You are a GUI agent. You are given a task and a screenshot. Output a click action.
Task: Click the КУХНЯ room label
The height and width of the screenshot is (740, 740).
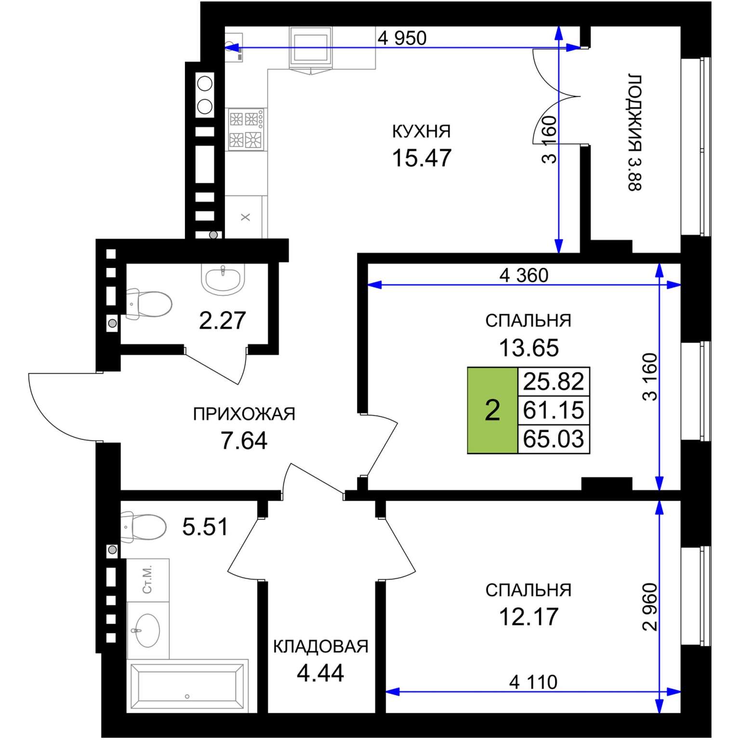(x=421, y=132)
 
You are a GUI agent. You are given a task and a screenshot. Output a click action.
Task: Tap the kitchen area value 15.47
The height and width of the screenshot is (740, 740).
(x=422, y=158)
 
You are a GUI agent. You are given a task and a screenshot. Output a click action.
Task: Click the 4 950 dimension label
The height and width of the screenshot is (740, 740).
(x=402, y=38)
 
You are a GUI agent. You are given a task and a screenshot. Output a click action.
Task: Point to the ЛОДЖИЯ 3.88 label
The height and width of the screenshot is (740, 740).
(x=634, y=132)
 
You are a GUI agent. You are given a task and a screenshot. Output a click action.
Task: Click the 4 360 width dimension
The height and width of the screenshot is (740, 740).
(x=524, y=276)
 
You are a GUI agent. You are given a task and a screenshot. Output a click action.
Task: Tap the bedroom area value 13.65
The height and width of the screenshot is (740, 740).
(x=529, y=348)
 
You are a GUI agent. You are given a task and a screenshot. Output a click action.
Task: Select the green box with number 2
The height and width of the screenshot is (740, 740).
(x=492, y=410)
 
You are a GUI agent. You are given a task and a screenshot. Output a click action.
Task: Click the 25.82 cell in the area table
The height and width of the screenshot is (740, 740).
(x=554, y=382)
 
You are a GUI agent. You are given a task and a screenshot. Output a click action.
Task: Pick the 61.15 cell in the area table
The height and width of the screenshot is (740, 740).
(x=554, y=410)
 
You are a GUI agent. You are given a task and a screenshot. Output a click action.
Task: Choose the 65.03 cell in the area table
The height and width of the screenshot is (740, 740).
(x=554, y=439)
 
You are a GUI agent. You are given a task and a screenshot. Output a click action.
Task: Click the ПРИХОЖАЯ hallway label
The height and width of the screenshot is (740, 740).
(x=244, y=414)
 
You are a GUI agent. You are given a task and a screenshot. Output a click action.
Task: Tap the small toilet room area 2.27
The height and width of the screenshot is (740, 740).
(x=223, y=321)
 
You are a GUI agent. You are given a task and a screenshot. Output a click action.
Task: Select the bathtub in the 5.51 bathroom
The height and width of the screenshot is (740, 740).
(x=187, y=686)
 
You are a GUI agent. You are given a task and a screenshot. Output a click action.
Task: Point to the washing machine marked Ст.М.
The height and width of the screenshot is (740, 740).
(x=148, y=580)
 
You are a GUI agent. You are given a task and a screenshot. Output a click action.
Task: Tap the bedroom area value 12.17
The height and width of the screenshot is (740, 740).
(x=529, y=617)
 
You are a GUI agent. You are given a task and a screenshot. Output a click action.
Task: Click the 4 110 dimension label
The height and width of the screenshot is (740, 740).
(x=533, y=682)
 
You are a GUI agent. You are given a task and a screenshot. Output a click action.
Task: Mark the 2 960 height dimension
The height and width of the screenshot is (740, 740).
(x=650, y=607)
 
